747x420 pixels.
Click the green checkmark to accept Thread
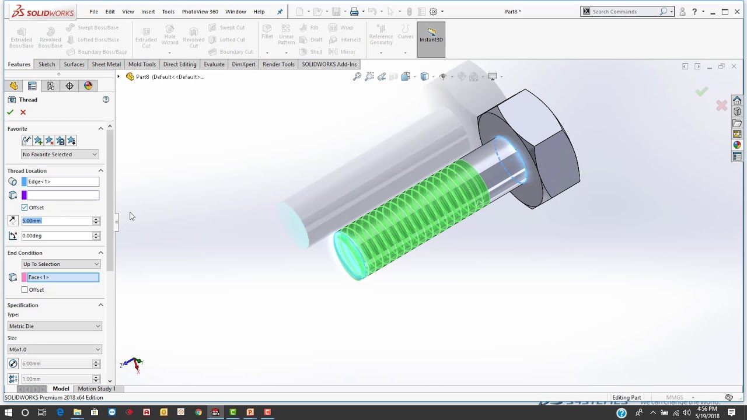(10, 112)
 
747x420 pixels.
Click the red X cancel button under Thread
(23, 112)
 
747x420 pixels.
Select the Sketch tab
(47, 64)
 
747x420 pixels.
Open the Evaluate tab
(214, 64)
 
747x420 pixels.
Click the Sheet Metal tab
(106, 64)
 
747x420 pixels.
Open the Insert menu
(148, 12)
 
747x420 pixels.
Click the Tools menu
(168, 12)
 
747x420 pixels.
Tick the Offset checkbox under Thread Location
(25, 208)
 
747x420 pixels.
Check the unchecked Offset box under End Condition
(25, 290)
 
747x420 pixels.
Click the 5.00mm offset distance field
(56, 220)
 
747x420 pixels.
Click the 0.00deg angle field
(56, 236)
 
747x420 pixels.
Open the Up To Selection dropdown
(61, 264)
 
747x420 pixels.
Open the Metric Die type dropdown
(55, 326)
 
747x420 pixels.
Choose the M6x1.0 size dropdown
(55, 349)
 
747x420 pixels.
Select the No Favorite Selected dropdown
(60, 155)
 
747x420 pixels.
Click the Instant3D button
(431, 40)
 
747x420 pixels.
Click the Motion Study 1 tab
(96, 388)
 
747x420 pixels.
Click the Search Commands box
(624, 12)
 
